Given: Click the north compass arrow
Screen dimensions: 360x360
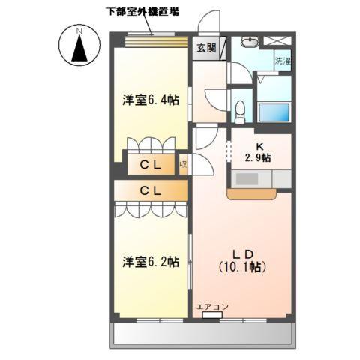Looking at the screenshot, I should tap(79, 50).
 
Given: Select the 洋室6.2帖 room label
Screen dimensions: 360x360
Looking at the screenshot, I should tap(151, 262).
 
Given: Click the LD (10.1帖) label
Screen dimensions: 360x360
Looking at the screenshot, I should tap(243, 259).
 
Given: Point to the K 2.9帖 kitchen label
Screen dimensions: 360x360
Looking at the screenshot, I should tap(257, 152).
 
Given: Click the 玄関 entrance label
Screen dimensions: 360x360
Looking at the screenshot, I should tap(206, 48).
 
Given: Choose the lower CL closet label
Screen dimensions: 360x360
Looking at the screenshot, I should tap(150, 191).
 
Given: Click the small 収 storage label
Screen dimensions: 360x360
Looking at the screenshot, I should tap(183, 165).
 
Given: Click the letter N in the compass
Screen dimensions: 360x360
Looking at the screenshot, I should tap(79, 30).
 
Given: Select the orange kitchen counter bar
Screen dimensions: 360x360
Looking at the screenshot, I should tap(251, 193).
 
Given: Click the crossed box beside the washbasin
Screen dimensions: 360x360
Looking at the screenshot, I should tap(278, 42).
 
